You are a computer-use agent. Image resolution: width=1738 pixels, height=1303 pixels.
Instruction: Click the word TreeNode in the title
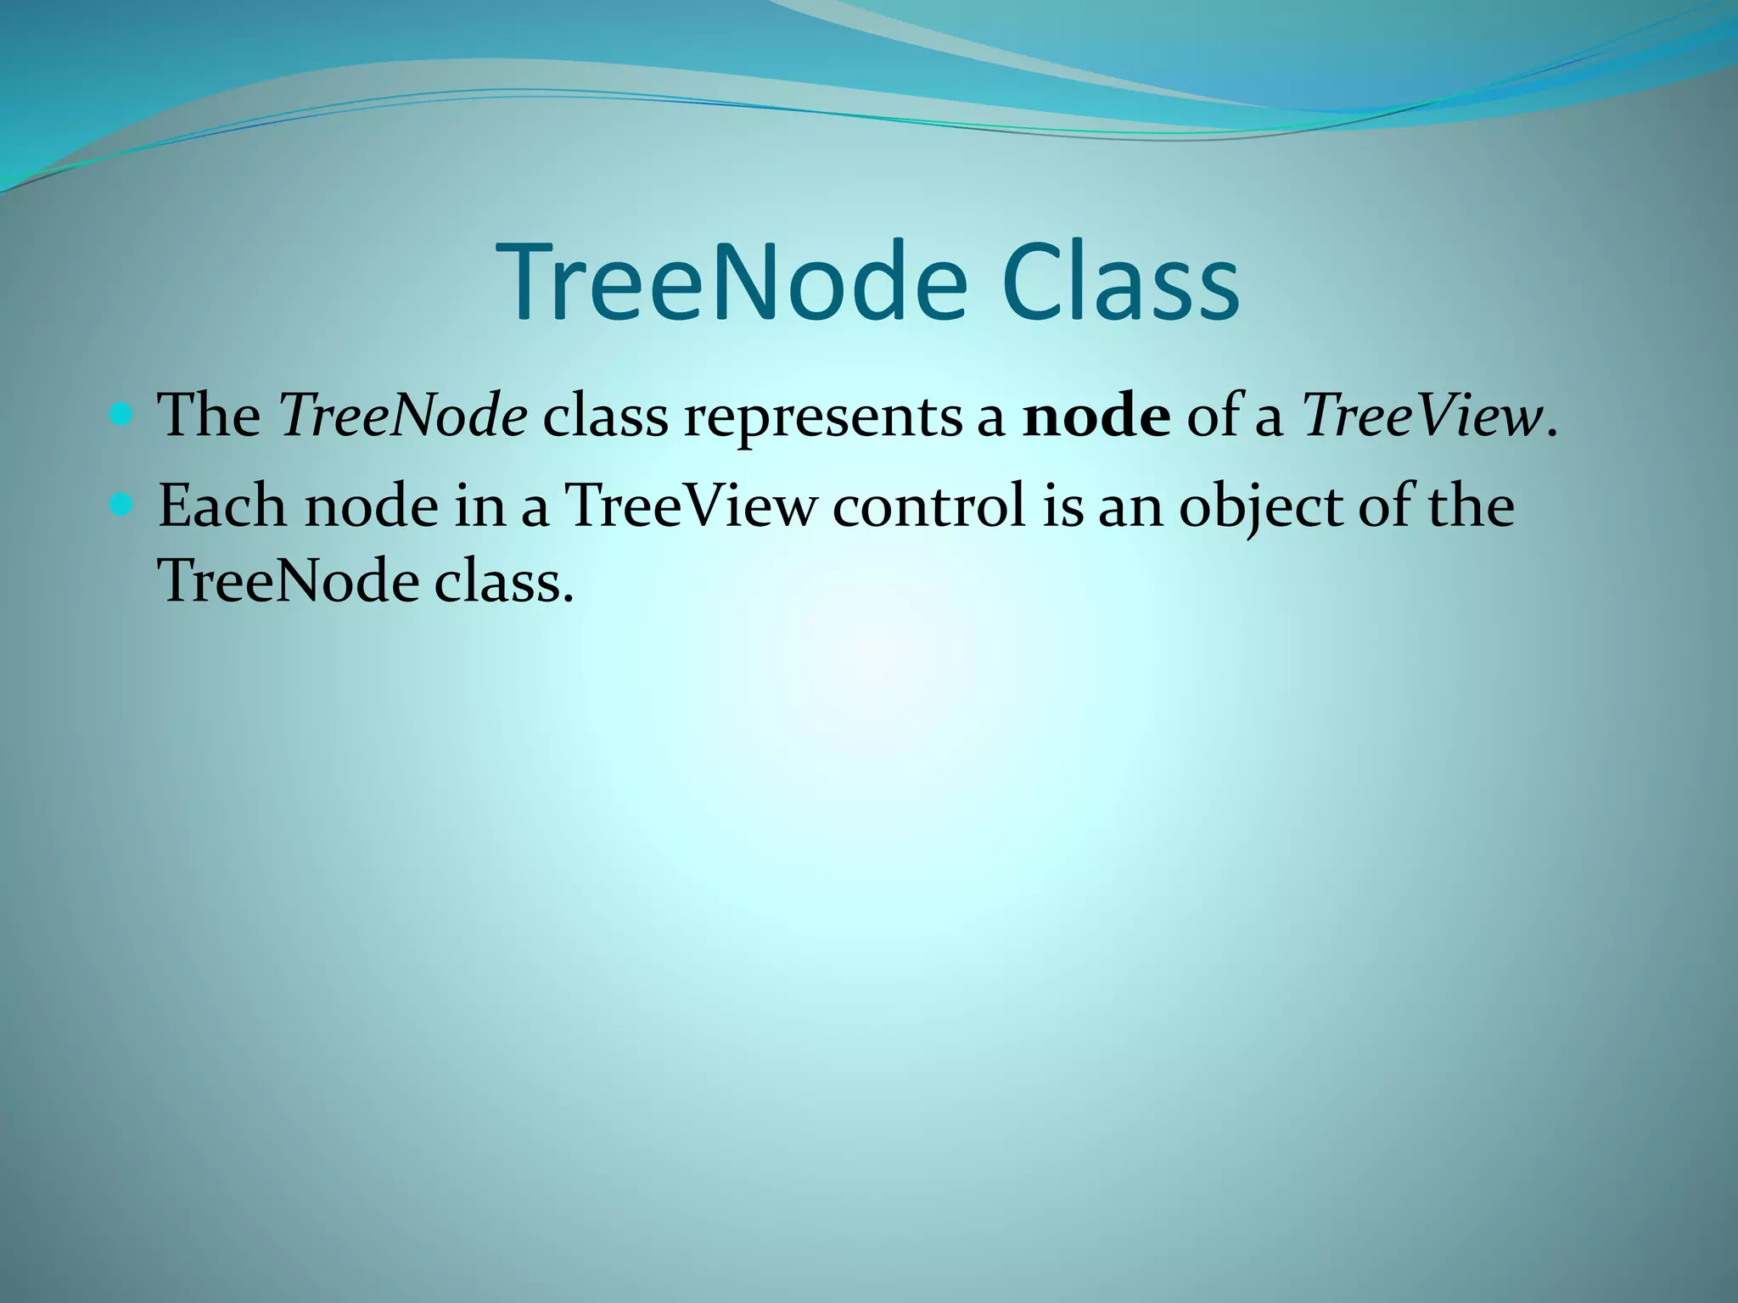[x=735, y=282]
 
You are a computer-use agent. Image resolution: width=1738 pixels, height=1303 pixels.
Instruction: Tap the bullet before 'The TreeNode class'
[x=122, y=416]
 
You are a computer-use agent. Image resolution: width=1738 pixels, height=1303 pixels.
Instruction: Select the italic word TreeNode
[x=403, y=417]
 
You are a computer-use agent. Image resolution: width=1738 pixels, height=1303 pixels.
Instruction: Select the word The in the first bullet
[x=210, y=417]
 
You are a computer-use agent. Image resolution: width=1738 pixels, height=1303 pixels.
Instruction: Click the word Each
[x=222, y=506]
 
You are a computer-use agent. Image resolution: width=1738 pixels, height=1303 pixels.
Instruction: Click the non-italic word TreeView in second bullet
[x=690, y=506]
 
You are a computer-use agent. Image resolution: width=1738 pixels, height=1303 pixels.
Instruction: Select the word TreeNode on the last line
[x=289, y=582]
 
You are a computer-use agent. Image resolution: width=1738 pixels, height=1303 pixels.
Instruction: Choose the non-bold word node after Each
[x=371, y=506]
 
